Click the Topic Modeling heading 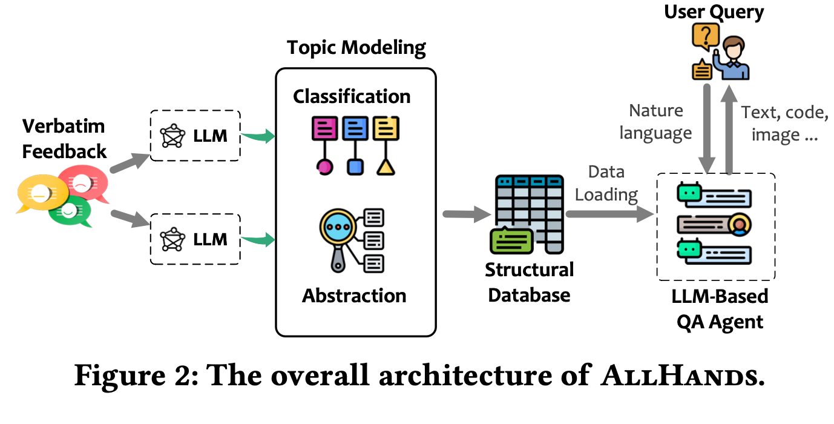pyautogui.click(x=356, y=48)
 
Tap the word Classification pyautogui.click(x=352, y=96)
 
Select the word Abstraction pyautogui.click(x=354, y=296)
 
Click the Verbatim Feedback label pyautogui.click(x=64, y=139)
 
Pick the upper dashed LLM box pyautogui.click(x=195, y=136)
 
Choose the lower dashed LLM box pyautogui.click(x=195, y=239)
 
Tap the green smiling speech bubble pyautogui.click(x=70, y=211)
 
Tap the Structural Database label pyautogui.click(x=529, y=282)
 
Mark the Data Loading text pyautogui.click(x=606, y=183)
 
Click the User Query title pyautogui.click(x=714, y=12)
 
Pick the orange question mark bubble pyautogui.click(x=706, y=37)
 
